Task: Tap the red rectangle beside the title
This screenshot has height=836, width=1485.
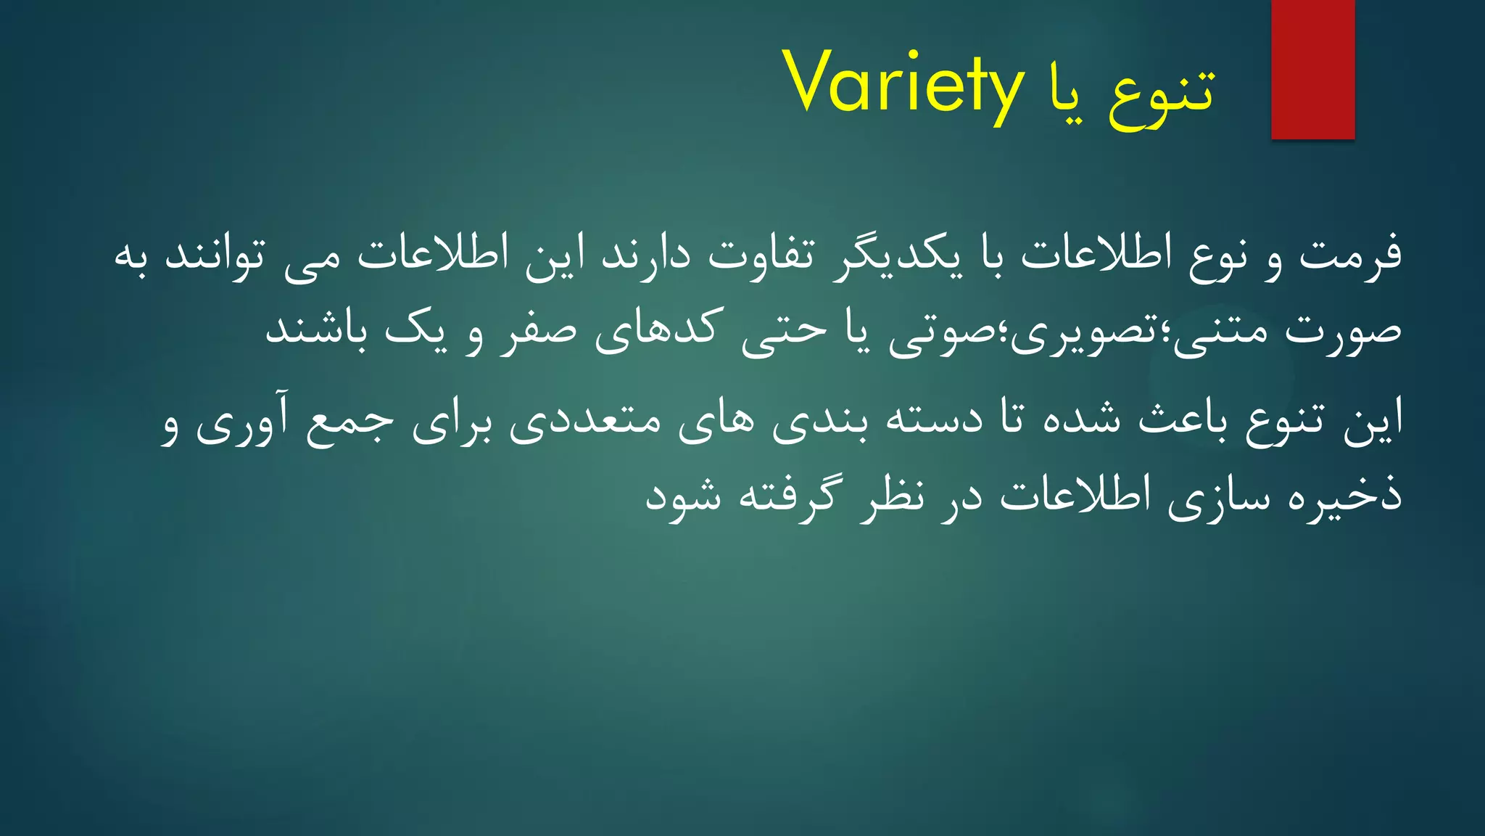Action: click(1312, 70)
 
